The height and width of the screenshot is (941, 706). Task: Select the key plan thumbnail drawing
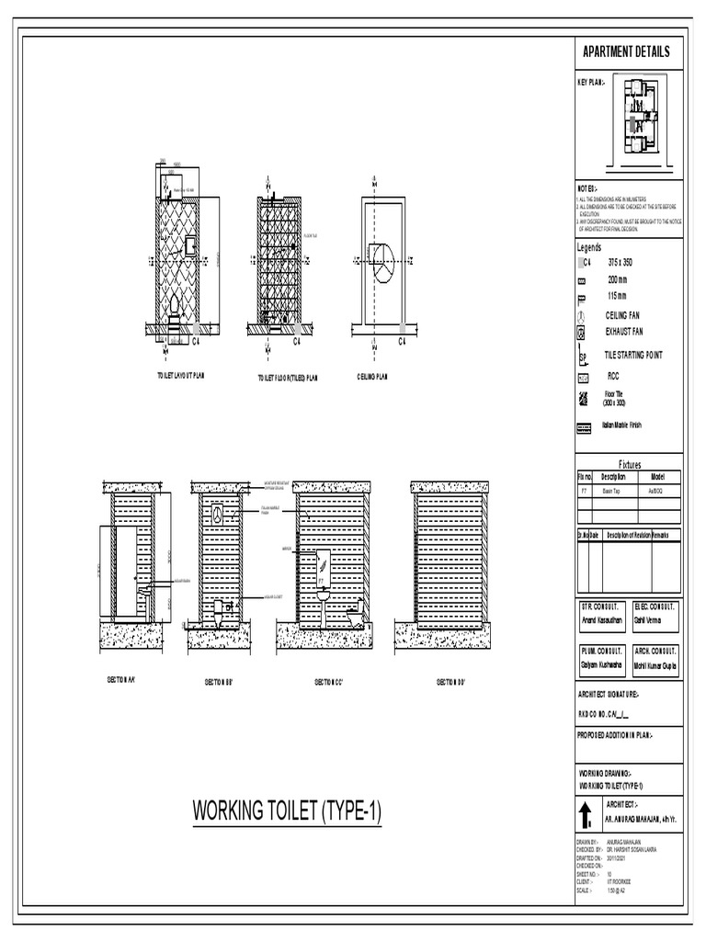(x=641, y=117)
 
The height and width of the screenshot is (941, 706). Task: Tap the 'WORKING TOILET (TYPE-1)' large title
(x=286, y=812)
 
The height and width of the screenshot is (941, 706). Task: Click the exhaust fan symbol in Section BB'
(x=217, y=516)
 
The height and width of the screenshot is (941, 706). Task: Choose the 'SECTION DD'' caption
(x=450, y=682)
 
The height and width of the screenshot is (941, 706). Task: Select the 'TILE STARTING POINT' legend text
(x=632, y=355)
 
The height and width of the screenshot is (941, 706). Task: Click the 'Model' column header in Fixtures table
(x=658, y=477)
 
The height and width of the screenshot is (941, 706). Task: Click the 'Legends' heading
(x=589, y=247)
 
